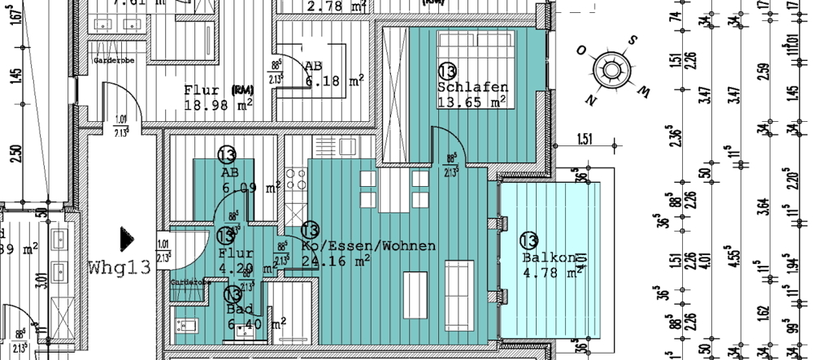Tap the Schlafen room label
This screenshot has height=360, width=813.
pos(472,87)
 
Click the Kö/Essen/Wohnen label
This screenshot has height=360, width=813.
pos(368,245)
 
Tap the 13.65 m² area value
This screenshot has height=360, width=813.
pos(472,102)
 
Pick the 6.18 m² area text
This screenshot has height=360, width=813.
pos(333,81)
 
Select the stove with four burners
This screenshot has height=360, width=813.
pos(295,178)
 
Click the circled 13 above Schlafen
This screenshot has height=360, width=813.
pos(447,72)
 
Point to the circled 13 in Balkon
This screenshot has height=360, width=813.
pos(528,241)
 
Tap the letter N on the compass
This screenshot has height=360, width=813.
pos(589,101)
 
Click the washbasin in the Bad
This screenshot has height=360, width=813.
pos(185,326)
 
